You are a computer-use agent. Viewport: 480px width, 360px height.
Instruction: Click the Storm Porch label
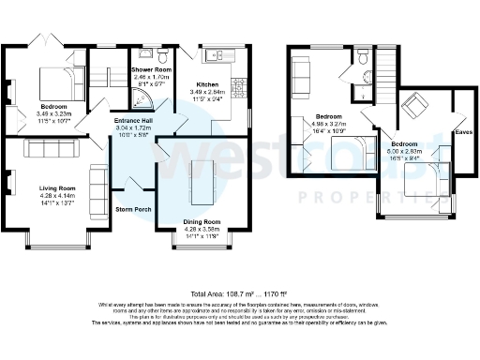131,208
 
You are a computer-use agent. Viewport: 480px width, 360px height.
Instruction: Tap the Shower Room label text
151,70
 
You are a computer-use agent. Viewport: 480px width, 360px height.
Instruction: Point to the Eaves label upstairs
462,132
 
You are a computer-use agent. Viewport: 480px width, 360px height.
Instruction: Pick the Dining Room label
202,221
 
